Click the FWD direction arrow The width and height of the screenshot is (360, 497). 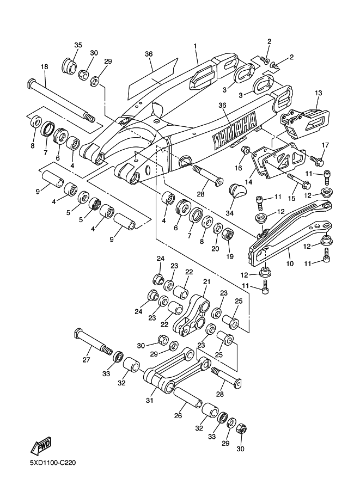[x=41, y=447]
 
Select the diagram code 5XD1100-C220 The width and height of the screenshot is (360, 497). [x=53, y=463]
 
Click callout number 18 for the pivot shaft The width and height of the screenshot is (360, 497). [x=45, y=67]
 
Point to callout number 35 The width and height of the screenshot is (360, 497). [x=78, y=45]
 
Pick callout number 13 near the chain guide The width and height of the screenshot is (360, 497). [x=319, y=93]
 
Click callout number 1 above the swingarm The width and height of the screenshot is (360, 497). [x=196, y=46]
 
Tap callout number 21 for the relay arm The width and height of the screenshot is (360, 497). [x=207, y=281]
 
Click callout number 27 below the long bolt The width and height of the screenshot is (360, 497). [x=86, y=360]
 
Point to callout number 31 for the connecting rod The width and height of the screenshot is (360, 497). [x=150, y=400]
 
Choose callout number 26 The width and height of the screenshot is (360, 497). [x=178, y=415]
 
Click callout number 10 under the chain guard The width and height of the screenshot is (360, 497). [x=290, y=263]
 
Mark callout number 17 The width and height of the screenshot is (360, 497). [x=326, y=145]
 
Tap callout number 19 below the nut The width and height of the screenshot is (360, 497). [x=229, y=256]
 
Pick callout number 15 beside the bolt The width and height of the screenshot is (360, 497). [x=291, y=199]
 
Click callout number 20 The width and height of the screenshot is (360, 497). [x=215, y=249]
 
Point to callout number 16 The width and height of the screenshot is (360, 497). [x=238, y=168]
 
